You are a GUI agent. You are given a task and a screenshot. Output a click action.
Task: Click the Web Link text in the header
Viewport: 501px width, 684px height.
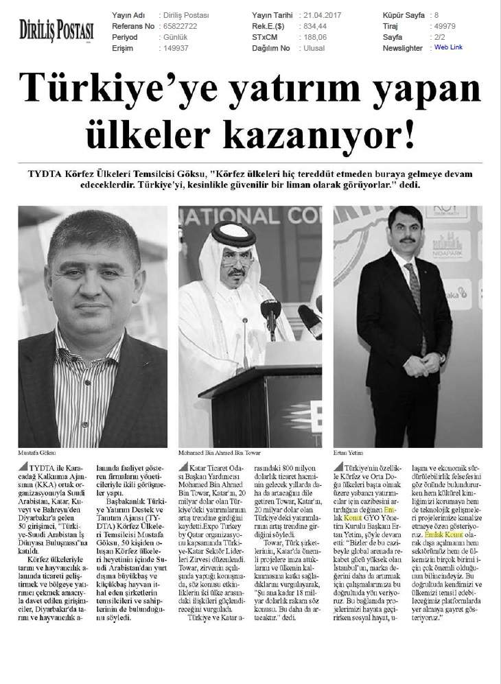tap(448, 48)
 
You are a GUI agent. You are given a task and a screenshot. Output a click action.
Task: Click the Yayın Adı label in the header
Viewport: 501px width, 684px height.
tap(128, 14)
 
